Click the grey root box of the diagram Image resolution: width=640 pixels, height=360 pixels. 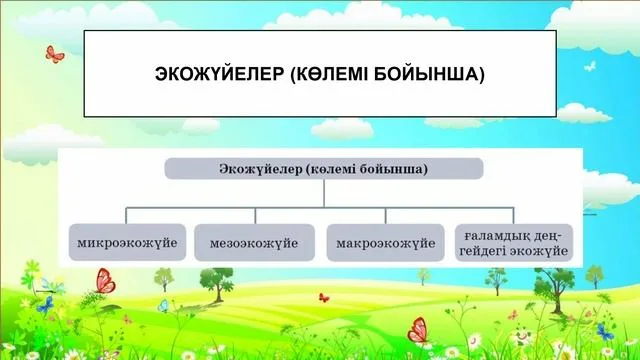[324, 168]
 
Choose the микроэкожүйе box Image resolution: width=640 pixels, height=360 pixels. [128, 243]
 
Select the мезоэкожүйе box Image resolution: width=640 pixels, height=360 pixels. [254, 243]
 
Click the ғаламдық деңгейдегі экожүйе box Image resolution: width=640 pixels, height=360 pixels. [513, 243]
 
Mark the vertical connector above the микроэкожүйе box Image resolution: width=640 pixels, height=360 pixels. [128, 216]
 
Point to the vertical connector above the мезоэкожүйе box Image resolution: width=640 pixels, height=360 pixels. [255, 216]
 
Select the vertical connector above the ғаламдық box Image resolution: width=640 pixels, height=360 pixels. [513, 216]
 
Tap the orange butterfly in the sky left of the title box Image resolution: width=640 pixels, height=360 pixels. [54, 52]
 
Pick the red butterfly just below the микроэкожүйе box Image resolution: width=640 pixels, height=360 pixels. [105, 281]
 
